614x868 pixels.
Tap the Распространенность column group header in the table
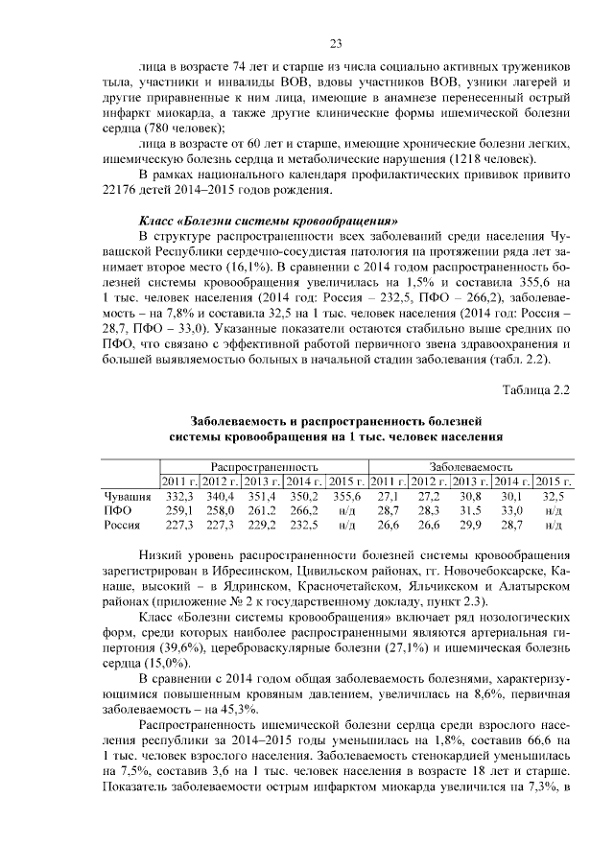(x=264, y=464)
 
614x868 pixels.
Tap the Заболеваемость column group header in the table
(x=471, y=464)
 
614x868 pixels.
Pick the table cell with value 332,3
(x=179, y=497)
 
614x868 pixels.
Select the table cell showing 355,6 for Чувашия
(x=345, y=497)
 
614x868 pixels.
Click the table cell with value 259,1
(x=179, y=511)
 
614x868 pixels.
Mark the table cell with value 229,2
(x=262, y=526)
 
